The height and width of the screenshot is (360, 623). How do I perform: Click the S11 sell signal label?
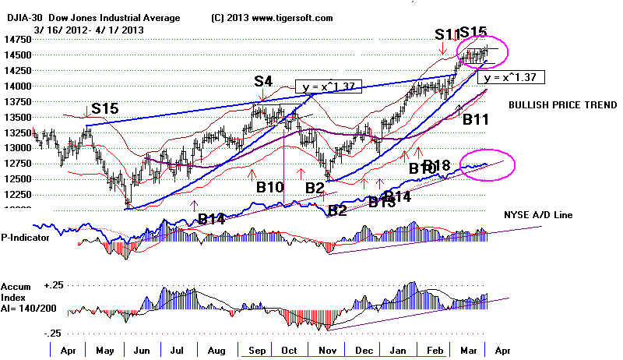coord(446,34)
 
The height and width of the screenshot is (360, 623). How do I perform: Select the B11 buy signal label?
coord(476,120)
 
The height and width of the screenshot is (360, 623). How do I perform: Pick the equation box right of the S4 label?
coord(328,85)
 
